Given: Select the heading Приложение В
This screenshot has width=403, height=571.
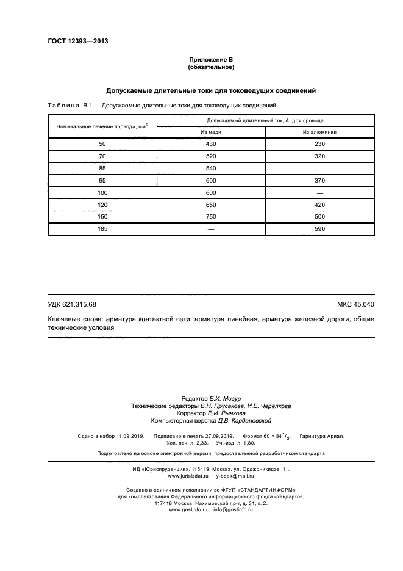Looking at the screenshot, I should tap(211, 59).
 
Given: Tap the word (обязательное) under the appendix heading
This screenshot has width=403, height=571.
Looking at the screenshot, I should tap(211, 67).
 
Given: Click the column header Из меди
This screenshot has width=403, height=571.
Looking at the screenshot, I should tap(211, 132).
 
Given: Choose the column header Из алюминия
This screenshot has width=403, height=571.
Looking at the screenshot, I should tap(319, 132).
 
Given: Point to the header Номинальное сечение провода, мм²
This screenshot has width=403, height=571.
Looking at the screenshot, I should tap(102, 126).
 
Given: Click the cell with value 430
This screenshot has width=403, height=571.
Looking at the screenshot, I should tap(211, 144).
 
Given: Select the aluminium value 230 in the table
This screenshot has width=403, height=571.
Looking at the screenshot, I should tap(319, 144).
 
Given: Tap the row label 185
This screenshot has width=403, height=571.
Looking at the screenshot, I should tap(102, 229).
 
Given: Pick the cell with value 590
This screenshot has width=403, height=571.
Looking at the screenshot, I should tap(319, 229).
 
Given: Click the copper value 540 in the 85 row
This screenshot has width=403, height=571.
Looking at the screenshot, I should tap(211, 168).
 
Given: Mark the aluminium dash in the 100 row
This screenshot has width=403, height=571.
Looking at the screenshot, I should tap(319, 192).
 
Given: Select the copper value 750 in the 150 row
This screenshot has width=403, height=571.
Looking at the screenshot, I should tap(211, 217).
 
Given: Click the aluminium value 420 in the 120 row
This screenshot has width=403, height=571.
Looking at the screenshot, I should tap(319, 205).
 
